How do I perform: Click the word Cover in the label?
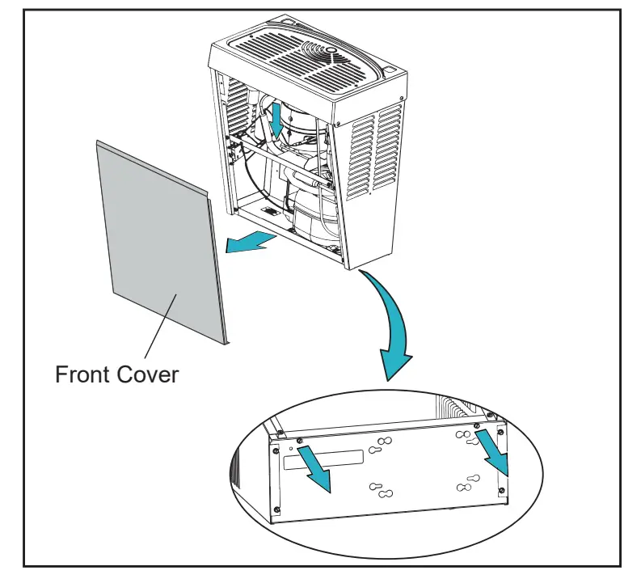click(150, 374)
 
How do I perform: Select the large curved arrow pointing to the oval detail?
click(388, 323)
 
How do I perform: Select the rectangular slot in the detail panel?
click(323, 459)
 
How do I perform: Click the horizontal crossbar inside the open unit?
click(283, 162)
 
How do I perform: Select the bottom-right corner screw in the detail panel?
click(504, 493)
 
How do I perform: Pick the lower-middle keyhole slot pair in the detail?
click(381, 490)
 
